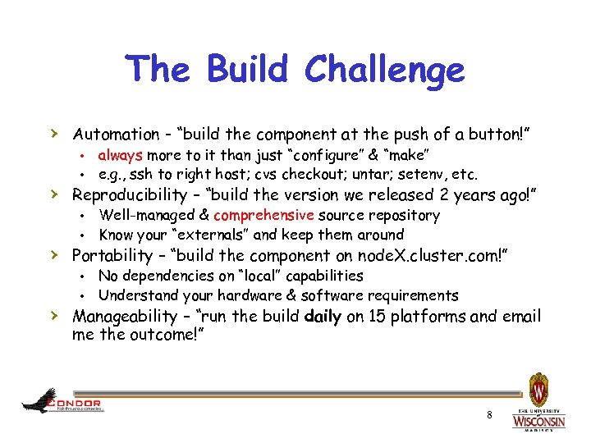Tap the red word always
(x=120, y=155)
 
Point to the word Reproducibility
(x=131, y=194)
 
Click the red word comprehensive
(x=263, y=216)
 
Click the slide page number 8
(x=489, y=415)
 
